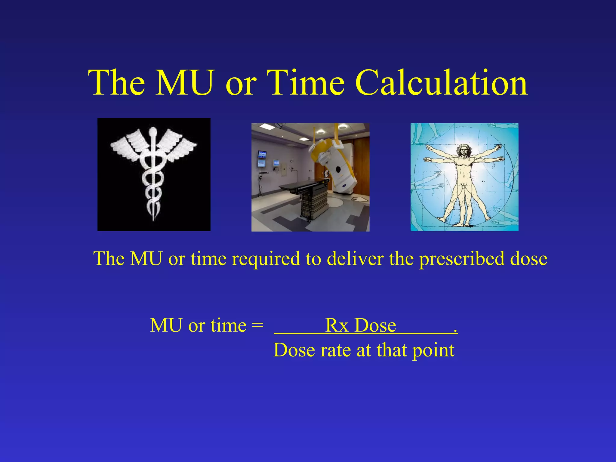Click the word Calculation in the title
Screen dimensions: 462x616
pyautogui.click(x=441, y=83)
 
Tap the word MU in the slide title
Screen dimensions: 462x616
pyautogui.click(x=184, y=83)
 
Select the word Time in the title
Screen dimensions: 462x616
pyautogui.click(x=306, y=83)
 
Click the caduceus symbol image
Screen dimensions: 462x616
pyautogui.click(x=154, y=174)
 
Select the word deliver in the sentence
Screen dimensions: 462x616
pyautogui.click(x=355, y=258)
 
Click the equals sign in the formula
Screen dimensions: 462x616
pyautogui.click(x=257, y=326)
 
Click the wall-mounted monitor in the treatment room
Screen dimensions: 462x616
pyautogui.click(x=262, y=155)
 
